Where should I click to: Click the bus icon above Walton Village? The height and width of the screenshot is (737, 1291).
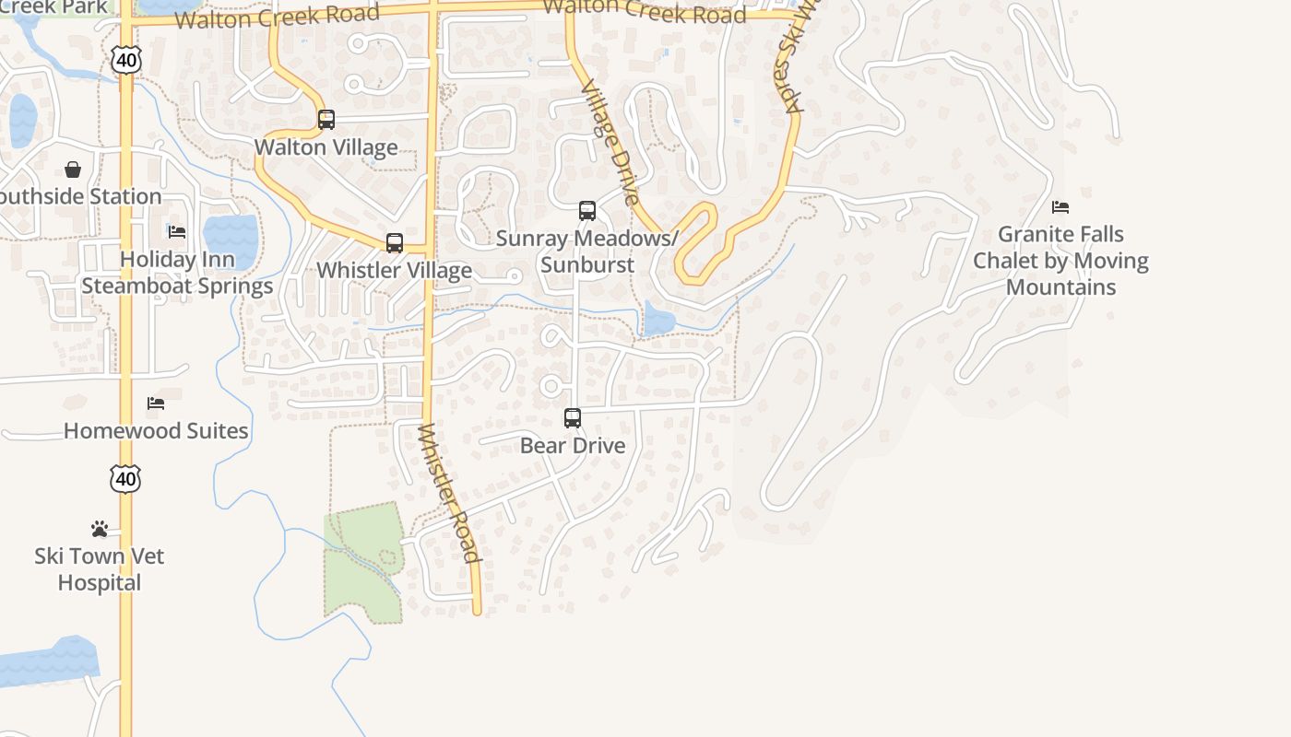[x=326, y=120]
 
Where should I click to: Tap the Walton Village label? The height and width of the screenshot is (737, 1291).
[x=326, y=147]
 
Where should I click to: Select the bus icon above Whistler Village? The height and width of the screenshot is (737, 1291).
[x=395, y=243]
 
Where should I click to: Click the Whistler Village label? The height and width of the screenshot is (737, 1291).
[x=395, y=271]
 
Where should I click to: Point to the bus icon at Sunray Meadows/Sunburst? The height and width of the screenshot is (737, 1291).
[x=587, y=211]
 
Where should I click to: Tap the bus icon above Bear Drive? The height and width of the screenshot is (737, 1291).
[x=573, y=418]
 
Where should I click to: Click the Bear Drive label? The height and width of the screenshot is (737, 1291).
[x=573, y=446]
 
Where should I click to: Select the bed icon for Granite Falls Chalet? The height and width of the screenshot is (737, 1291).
[x=1060, y=207]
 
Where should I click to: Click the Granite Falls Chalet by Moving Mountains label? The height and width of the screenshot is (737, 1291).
[x=1060, y=261]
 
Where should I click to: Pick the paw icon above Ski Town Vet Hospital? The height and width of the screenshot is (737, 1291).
[x=100, y=529]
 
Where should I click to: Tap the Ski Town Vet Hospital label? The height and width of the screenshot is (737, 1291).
[x=100, y=569]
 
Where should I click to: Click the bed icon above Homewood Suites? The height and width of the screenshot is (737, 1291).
[x=156, y=404]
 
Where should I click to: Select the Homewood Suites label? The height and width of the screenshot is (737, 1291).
[x=156, y=431]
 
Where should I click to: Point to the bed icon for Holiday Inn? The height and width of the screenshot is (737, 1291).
[x=177, y=231]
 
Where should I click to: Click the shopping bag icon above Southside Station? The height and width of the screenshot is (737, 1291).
[x=73, y=170]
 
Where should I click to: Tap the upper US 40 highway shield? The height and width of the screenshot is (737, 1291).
[x=125, y=60]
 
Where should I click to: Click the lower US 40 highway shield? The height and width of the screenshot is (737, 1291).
[x=125, y=479]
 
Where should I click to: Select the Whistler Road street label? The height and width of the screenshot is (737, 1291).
[x=449, y=493]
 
